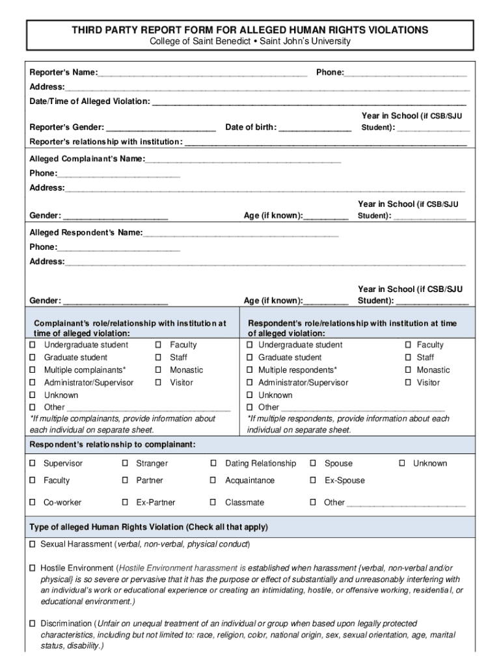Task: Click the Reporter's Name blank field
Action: [202, 73]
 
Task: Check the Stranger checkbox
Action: [125, 464]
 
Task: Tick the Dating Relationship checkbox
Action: [213, 464]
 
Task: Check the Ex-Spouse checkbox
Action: [313, 481]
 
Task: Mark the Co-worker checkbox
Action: [33, 503]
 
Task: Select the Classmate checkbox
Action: [213, 503]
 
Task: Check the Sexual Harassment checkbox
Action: [32, 544]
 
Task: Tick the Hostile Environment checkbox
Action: [32, 568]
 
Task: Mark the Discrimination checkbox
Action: [32, 624]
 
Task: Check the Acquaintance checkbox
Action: [213, 481]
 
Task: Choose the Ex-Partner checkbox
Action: [125, 503]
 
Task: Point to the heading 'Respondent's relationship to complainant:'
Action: [113, 445]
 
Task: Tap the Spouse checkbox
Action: [313, 464]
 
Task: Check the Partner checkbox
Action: [125, 481]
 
